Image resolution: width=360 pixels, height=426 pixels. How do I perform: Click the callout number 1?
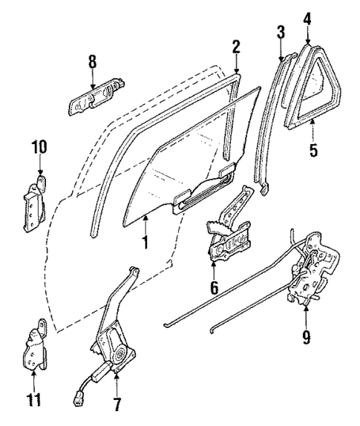click(145, 242)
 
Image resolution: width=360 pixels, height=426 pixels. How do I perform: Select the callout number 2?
click(235, 46)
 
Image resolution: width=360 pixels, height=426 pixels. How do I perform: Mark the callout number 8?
click(93, 63)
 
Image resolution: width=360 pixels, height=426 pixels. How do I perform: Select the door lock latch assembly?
click(315, 275)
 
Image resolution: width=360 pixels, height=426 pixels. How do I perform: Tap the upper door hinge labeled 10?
click(36, 204)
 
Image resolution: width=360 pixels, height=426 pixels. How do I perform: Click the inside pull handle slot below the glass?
click(200, 199)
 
